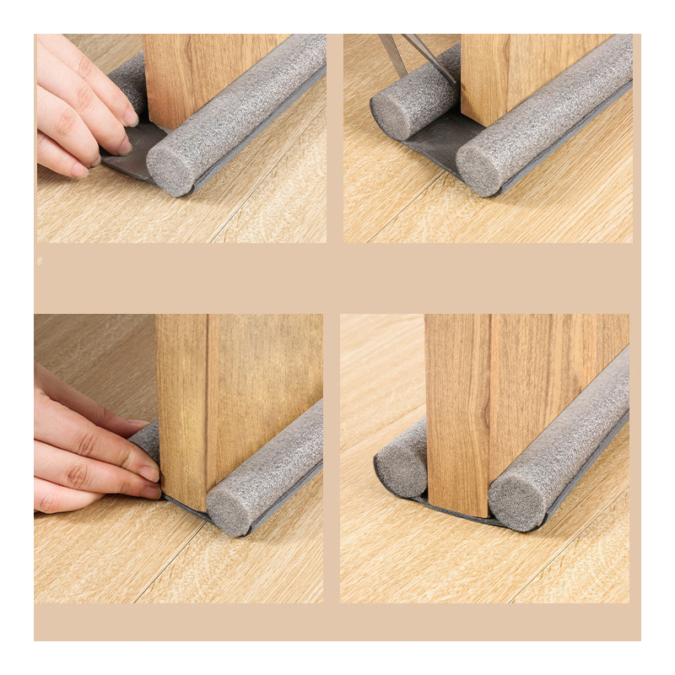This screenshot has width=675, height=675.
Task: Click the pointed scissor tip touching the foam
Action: [x=454, y=81]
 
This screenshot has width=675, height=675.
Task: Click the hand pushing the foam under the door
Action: [x=84, y=447]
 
